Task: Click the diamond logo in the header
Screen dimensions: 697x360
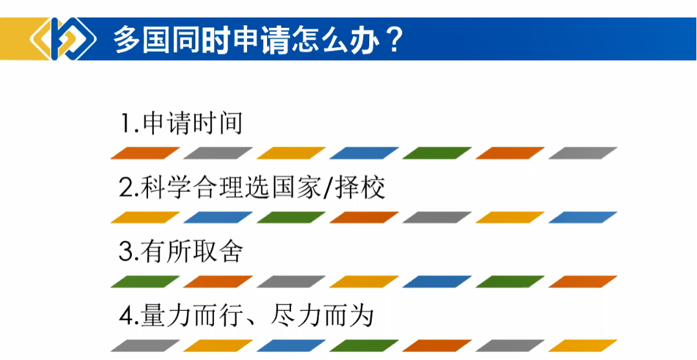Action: tap(63, 39)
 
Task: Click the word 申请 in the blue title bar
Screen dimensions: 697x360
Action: tap(247, 41)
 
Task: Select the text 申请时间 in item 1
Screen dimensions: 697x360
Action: tap(193, 123)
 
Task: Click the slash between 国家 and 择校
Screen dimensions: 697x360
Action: tap(328, 189)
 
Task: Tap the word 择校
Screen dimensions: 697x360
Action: tap(360, 189)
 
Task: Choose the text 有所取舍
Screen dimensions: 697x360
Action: tap(193, 253)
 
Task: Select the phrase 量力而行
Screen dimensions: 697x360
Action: tap(192, 317)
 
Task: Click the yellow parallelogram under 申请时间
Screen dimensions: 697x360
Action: tap(291, 153)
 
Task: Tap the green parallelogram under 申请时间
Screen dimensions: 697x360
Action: tap(437, 153)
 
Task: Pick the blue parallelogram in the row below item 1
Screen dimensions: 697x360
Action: tap(364, 153)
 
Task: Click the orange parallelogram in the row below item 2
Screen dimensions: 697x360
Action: tap(364, 217)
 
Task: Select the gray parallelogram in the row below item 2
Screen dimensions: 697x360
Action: tap(437, 217)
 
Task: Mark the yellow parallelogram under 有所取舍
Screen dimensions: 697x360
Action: tap(364, 282)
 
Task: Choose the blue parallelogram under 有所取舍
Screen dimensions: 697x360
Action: tap(437, 282)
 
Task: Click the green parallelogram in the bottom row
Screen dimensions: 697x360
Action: tap(364, 346)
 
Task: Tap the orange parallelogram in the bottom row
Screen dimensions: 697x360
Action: tap(437, 346)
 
